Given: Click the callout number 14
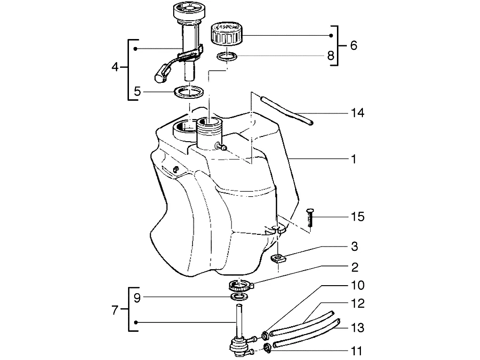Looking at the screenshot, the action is (357, 113).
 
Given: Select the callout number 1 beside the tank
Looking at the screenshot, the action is (354, 159).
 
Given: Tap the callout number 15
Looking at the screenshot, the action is (357, 217).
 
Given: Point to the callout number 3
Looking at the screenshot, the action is (354, 247).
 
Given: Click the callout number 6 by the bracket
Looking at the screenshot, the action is (353, 45).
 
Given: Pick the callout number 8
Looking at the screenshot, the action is (331, 56).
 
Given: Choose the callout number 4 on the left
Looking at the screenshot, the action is (115, 67).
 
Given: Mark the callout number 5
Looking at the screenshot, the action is (137, 91).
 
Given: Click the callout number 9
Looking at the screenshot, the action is (137, 297).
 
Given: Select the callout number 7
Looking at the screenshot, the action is (115, 310).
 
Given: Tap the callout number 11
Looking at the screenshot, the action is (356, 351).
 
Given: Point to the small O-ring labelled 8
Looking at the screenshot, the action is (227, 56).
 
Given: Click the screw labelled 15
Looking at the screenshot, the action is (310, 217).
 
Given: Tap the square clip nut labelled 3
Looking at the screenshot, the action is (278, 259).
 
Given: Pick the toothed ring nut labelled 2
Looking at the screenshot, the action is (241, 286).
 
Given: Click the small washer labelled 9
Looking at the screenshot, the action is (239, 296).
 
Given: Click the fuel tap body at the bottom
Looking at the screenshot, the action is (238, 345).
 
